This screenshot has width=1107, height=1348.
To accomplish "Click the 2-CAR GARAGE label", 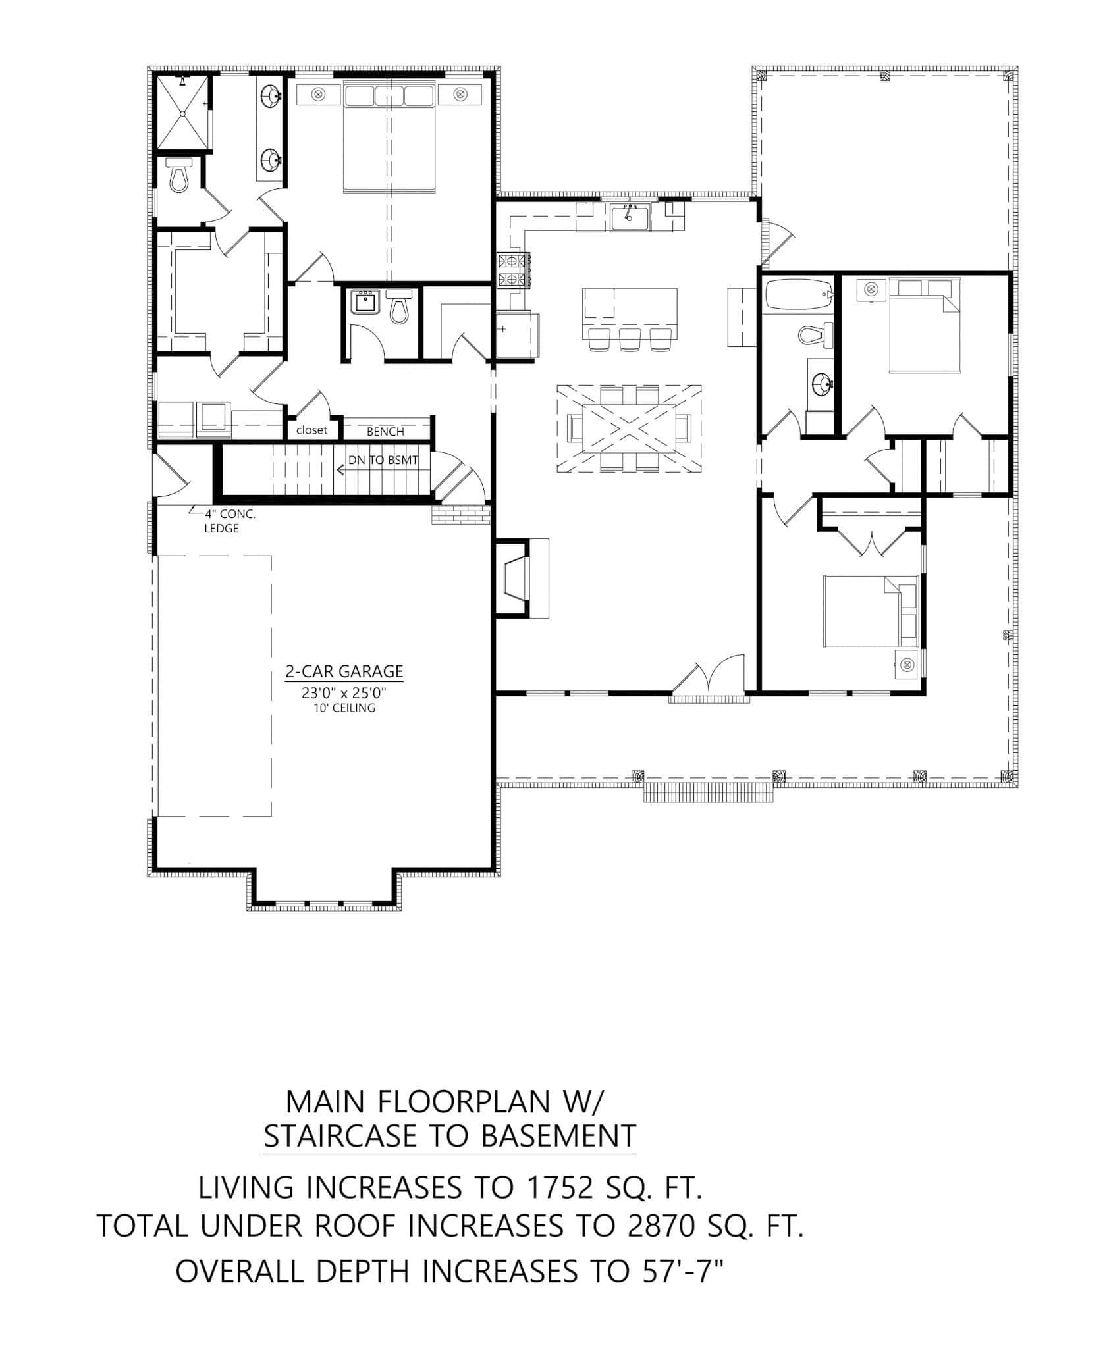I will click(344, 671).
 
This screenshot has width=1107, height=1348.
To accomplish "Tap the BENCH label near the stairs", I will click(385, 432).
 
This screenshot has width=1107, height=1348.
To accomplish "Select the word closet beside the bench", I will click(311, 430).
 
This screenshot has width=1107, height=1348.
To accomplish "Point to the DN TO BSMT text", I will click(383, 460).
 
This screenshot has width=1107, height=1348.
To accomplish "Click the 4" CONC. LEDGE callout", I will click(224, 521).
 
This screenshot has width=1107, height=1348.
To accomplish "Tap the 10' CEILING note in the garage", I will click(344, 708).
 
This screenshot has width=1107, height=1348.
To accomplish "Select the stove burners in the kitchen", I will click(513, 270).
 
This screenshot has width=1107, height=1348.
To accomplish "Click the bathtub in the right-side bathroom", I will click(796, 296).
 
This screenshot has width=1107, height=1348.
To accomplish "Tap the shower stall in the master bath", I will click(182, 113).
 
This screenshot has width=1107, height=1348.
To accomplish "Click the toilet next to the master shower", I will click(178, 175).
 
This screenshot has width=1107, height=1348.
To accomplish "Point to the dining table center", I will click(628, 428).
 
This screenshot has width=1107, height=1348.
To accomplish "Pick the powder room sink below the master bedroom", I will click(364, 302).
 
